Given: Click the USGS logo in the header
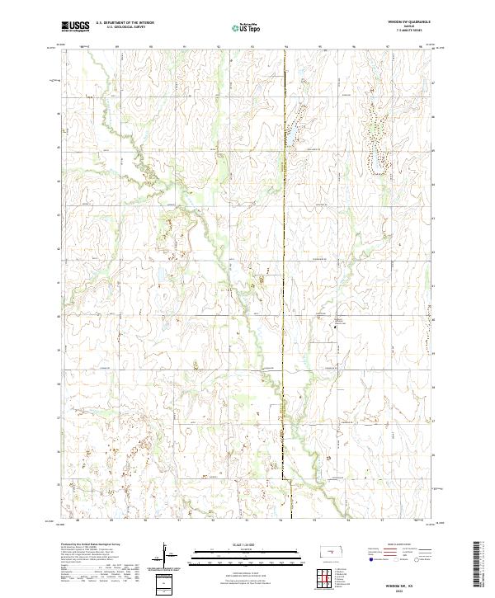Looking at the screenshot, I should point(75,26).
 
